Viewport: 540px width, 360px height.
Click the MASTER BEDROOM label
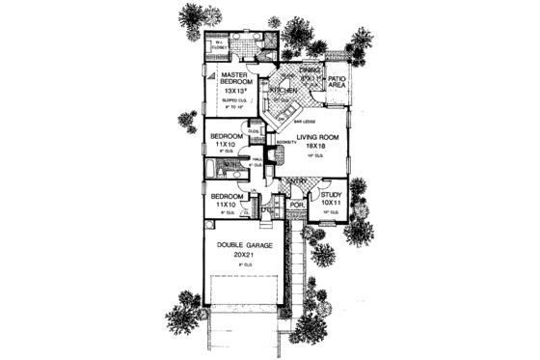(235, 78)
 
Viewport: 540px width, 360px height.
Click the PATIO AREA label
(338, 83)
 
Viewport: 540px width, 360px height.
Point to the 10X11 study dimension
(331, 205)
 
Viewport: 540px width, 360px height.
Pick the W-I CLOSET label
(219, 44)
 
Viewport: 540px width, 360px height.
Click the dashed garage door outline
(245, 298)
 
